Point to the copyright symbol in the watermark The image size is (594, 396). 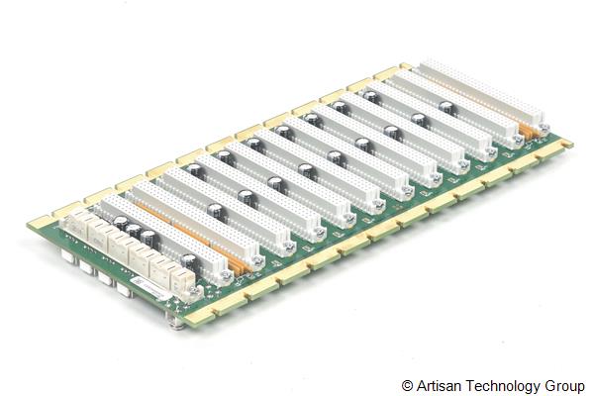(407, 383)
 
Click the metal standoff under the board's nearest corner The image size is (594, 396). (177, 319)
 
